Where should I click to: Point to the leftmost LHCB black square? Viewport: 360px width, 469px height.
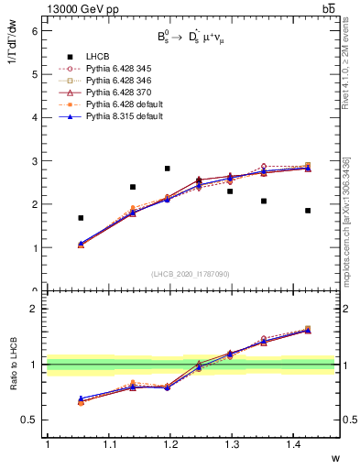coord(82,218)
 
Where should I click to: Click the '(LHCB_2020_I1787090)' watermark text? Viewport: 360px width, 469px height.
coord(191,274)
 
